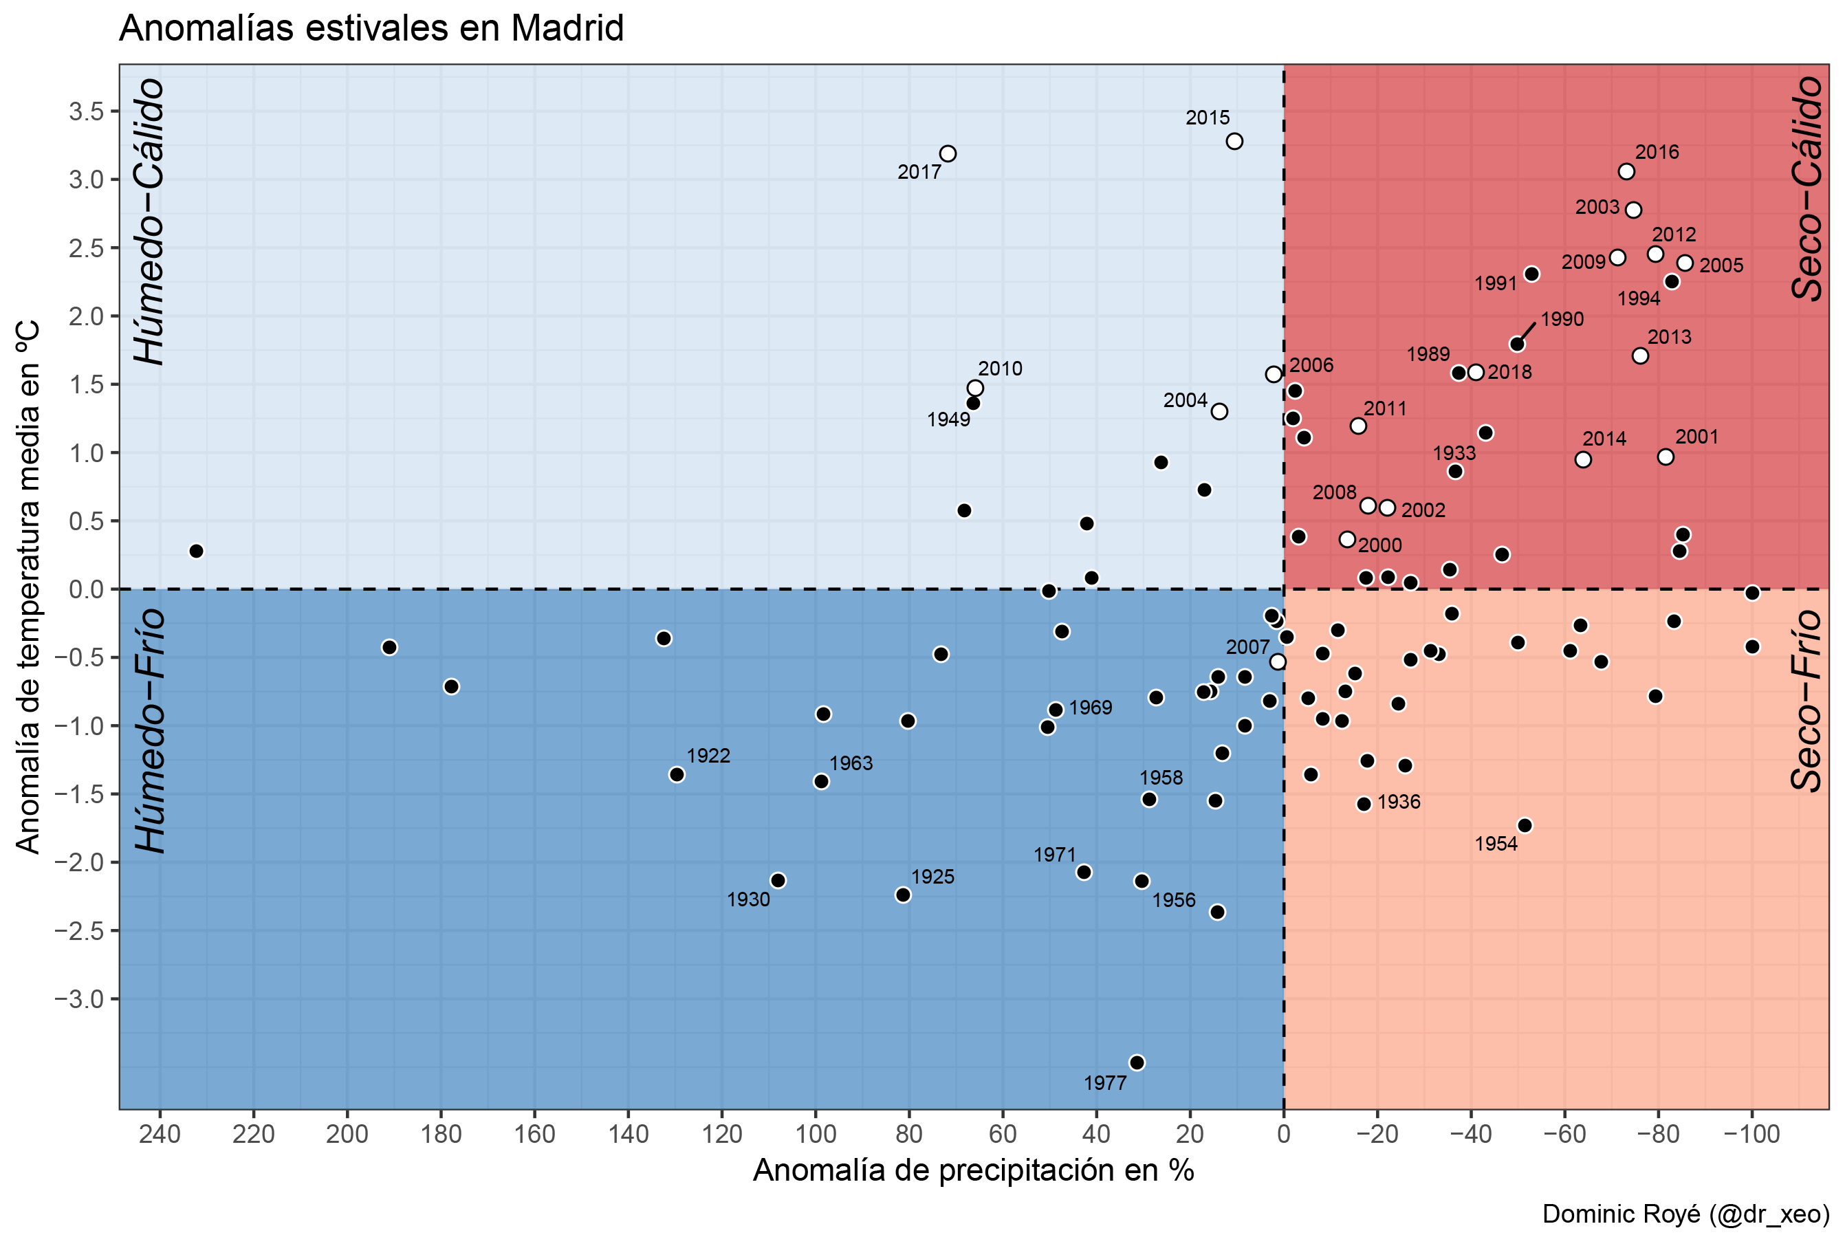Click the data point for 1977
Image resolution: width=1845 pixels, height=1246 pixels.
pos(1137,1062)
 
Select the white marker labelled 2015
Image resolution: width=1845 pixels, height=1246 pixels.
pos(1234,141)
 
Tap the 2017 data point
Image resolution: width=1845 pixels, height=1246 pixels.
pos(948,153)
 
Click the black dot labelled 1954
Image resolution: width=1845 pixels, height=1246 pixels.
pos(1525,825)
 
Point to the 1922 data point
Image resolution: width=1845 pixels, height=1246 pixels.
pos(677,774)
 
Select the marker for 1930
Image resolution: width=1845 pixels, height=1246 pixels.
pos(778,880)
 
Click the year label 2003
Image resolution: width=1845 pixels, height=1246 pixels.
pos(1597,207)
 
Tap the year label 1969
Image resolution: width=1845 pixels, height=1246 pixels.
pos(1091,707)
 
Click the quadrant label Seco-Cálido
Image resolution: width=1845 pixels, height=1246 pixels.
pos(1808,188)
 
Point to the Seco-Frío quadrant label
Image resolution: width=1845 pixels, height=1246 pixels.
pos(1808,700)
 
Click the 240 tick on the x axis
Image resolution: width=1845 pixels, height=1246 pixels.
pos(160,1134)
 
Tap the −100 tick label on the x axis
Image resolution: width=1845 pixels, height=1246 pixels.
pos(1751,1134)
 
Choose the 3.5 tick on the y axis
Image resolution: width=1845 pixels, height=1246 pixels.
pos(87,111)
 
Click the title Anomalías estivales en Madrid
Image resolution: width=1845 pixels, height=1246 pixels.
pos(371,29)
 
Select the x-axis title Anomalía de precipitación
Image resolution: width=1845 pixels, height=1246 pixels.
pos(973,1170)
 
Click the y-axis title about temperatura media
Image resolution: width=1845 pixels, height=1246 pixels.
pos(29,587)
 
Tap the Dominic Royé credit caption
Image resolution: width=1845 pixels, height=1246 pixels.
pos(1685,1214)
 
